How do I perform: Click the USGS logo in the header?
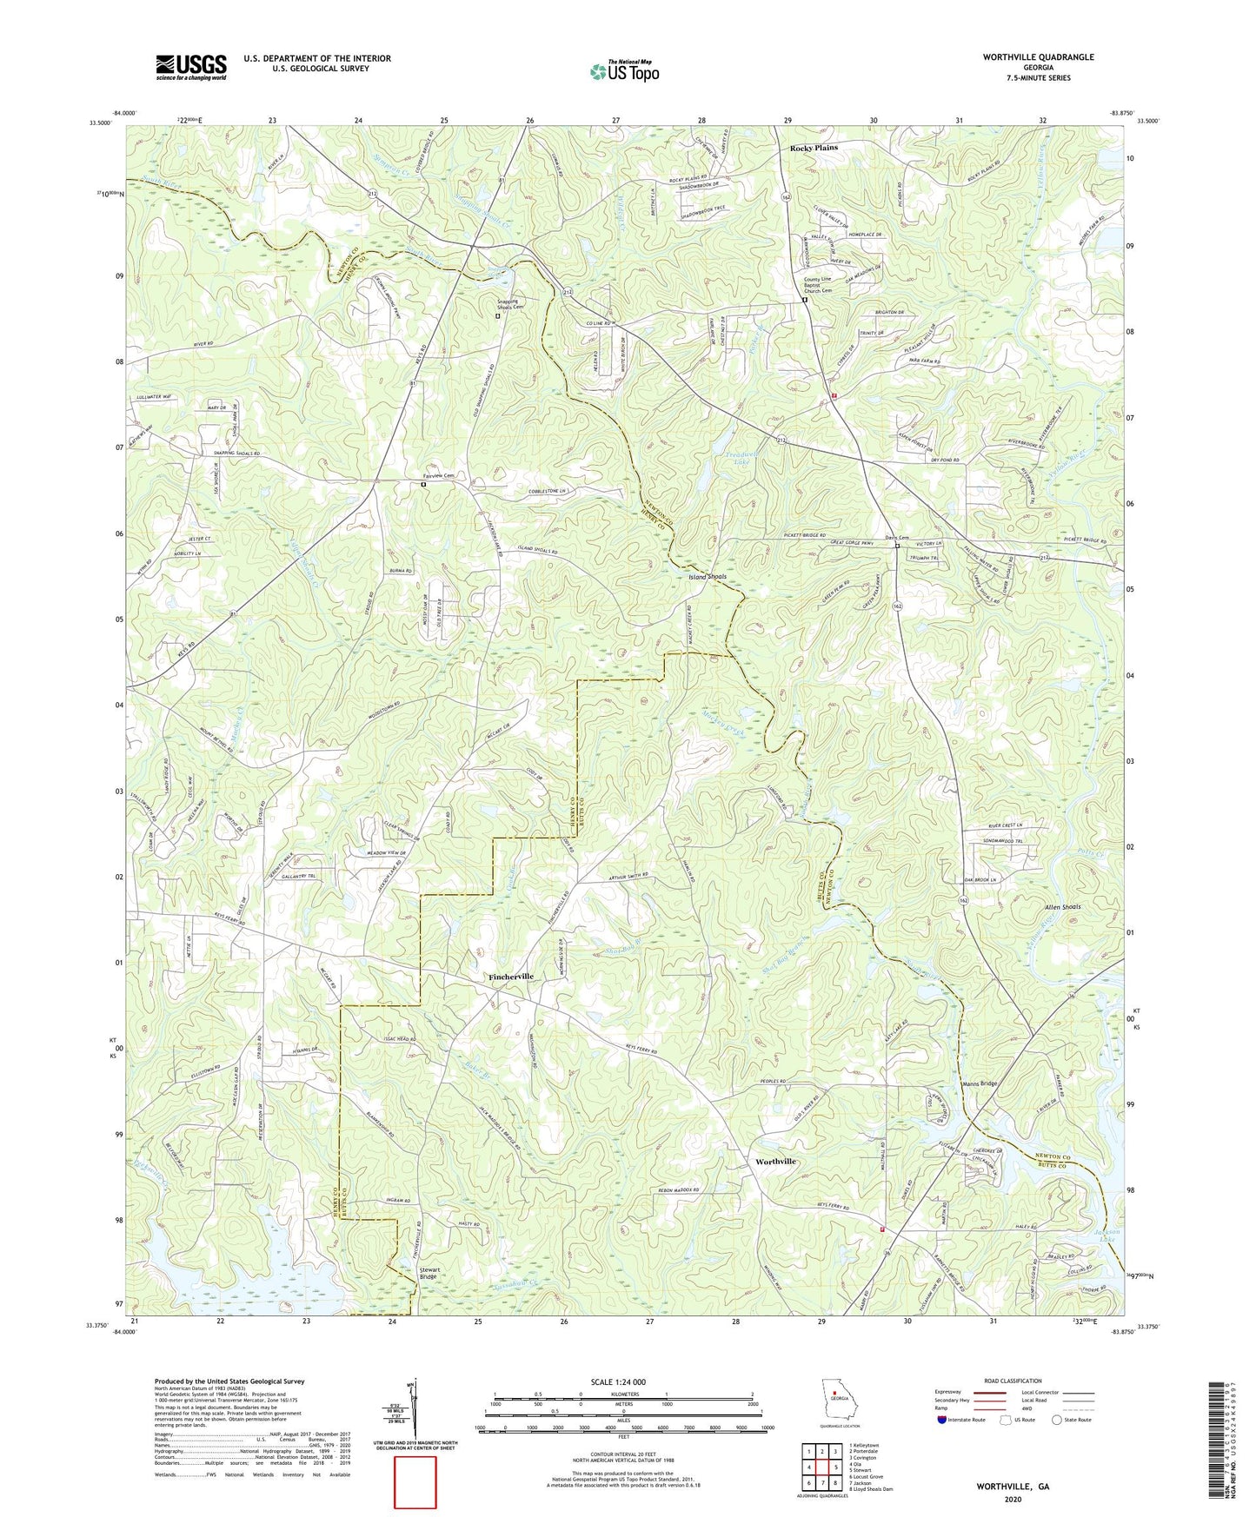tap(191, 67)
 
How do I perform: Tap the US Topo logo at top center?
tap(623, 71)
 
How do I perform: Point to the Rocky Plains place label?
tap(814, 148)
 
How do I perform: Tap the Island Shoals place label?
tap(708, 577)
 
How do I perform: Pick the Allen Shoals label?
tap(1062, 907)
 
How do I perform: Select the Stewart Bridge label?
tap(429, 1273)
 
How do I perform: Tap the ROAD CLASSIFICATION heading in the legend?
tap(1012, 1381)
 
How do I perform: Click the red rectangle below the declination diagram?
tap(415, 1482)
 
